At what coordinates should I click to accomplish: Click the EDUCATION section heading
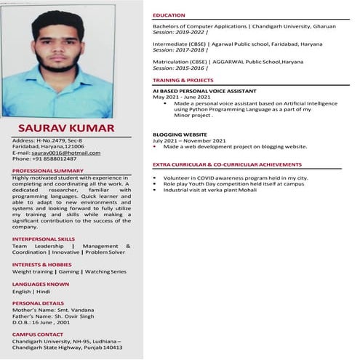(x=169, y=15)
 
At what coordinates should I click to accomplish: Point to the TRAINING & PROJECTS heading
(x=183, y=79)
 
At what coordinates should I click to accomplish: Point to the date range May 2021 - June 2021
(x=182, y=97)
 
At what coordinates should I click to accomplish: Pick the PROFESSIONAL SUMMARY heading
(x=48, y=170)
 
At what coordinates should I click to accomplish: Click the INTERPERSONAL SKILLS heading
(x=43, y=238)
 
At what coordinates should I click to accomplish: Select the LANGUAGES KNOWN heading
(x=41, y=283)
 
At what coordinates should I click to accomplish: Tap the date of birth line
(x=41, y=322)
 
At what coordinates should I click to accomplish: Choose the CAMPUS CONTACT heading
(x=38, y=334)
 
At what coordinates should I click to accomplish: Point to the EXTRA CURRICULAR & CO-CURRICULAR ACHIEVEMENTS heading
(x=227, y=165)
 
